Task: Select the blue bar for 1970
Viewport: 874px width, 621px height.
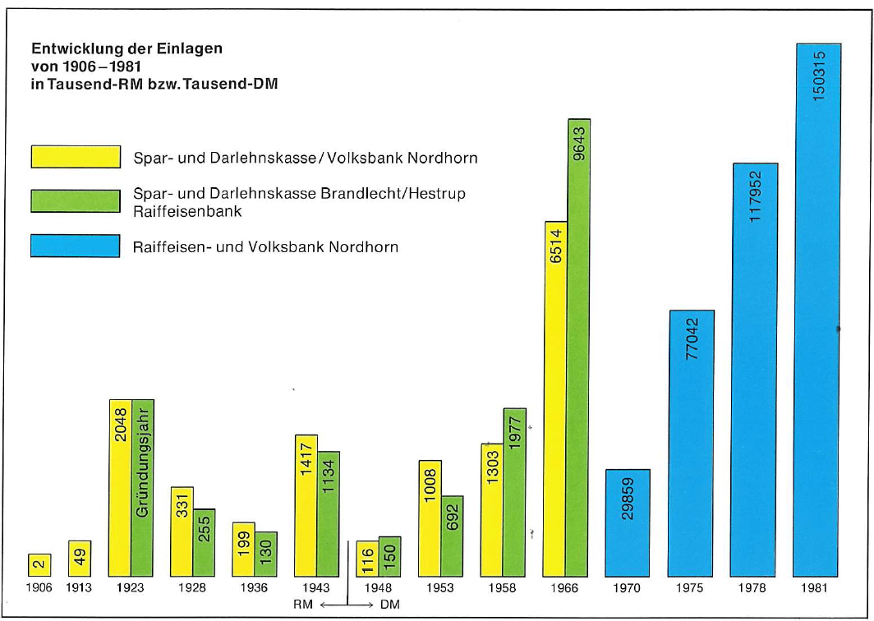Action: (x=628, y=523)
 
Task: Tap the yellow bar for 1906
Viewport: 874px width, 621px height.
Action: (x=39, y=565)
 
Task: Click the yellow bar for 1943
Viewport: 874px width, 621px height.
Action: (x=306, y=506)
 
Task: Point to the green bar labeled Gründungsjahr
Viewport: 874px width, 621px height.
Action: (x=143, y=488)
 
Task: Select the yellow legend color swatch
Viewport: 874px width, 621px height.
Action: (x=76, y=157)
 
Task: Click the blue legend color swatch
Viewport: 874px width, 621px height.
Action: (x=76, y=246)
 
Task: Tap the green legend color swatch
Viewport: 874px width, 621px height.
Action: (x=76, y=201)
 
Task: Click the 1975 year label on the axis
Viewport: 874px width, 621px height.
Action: (x=689, y=588)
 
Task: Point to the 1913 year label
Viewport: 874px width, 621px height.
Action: (x=79, y=588)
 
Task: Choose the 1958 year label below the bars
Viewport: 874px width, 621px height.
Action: (x=502, y=588)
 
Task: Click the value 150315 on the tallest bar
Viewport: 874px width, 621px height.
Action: (x=819, y=76)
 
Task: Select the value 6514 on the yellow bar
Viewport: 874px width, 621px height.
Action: (x=556, y=246)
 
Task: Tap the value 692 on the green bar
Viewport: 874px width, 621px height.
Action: (x=452, y=517)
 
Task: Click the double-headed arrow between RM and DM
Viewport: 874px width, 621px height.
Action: (x=347, y=605)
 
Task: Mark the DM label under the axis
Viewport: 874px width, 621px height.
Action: (x=389, y=605)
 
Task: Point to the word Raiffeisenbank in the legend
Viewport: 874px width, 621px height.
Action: (x=187, y=212)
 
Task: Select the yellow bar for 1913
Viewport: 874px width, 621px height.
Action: (x=80, y=559)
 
